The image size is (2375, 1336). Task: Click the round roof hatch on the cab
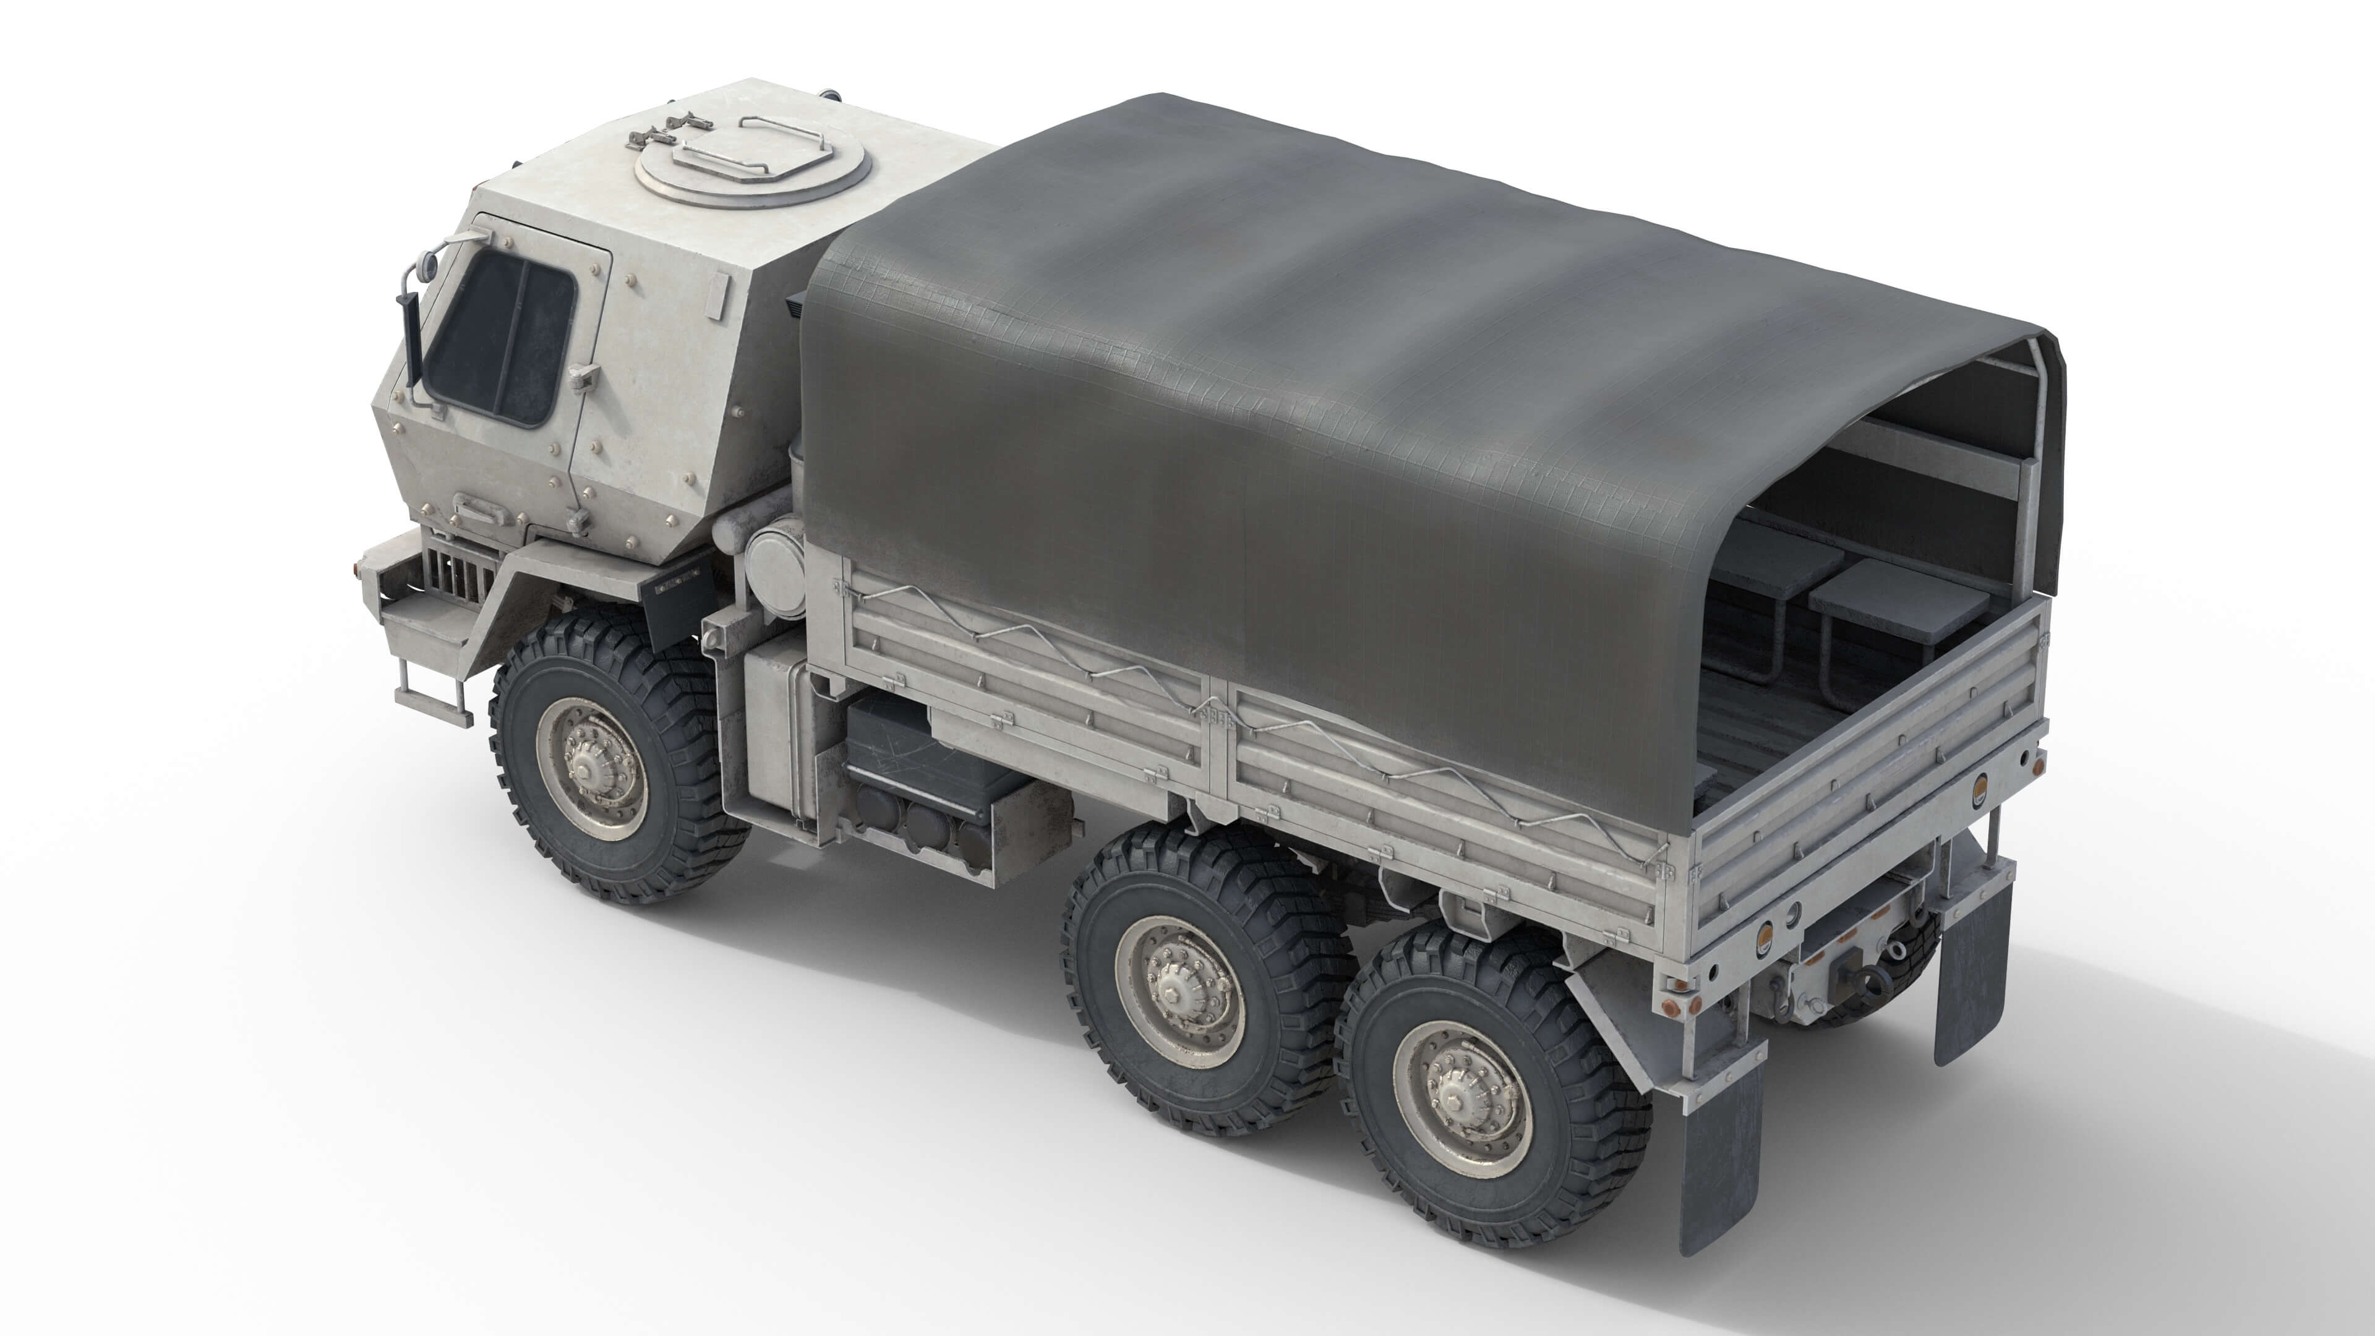[751, 171]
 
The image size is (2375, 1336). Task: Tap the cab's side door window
[502, 336]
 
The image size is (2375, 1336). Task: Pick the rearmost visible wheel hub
[1460, 1097]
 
